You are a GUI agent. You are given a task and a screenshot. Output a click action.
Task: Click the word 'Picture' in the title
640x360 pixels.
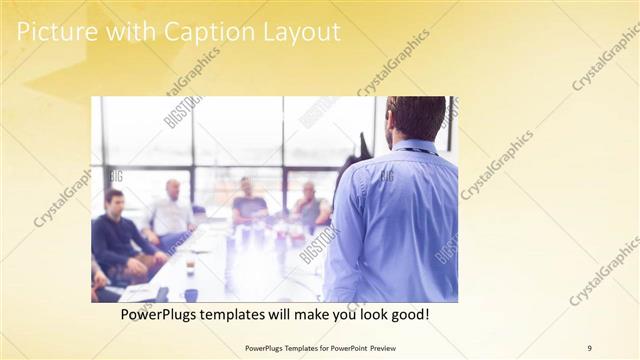tap(57, 32)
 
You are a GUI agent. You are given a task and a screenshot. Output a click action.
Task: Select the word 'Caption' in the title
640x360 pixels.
tap(193, 32)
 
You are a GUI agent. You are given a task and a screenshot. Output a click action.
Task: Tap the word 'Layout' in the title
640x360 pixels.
tap(296, 32)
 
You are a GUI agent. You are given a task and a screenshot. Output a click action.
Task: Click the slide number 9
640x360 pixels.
tap(589, 348)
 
